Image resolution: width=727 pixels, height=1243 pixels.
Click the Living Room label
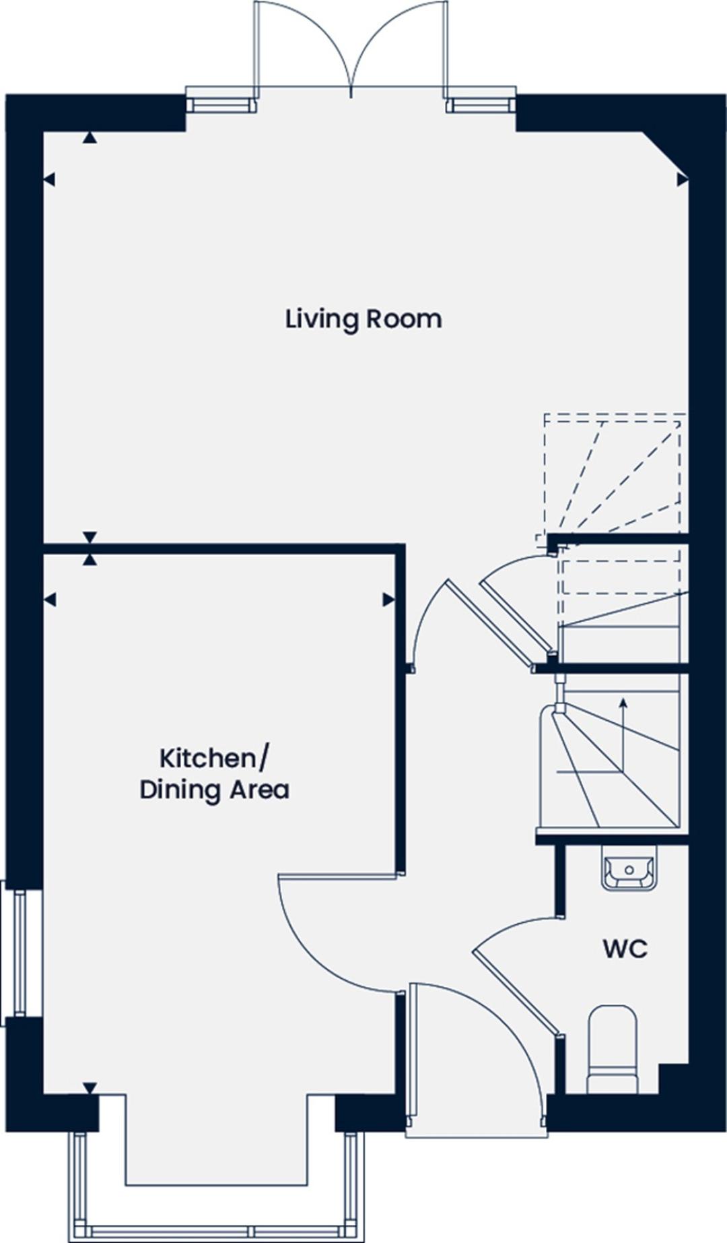363,319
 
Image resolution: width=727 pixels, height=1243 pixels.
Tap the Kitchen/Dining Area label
214,773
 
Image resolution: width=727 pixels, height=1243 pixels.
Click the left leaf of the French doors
256,47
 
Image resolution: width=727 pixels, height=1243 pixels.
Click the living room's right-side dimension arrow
682,179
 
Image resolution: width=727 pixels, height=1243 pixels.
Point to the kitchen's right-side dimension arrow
388,600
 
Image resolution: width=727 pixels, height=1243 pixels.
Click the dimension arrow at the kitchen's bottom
90,1087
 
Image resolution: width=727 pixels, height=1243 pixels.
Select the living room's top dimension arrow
90,138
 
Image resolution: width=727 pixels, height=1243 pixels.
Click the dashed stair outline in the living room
613,472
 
